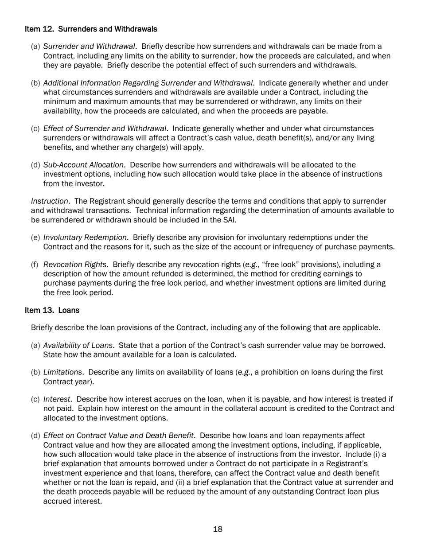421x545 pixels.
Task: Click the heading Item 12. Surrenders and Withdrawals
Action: (x=91, y=29)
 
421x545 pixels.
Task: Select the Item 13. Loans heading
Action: (x=52, y=310)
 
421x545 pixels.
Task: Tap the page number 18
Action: (x=218, y=529)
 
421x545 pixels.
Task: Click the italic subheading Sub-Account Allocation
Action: (x=83, y=165)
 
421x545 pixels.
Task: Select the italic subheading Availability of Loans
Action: (x=78, y=346)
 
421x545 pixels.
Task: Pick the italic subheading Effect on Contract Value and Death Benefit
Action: (x=118, y=436)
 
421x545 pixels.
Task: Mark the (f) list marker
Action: (x=35, y=265)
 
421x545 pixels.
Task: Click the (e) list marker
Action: (x=35, y=237)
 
